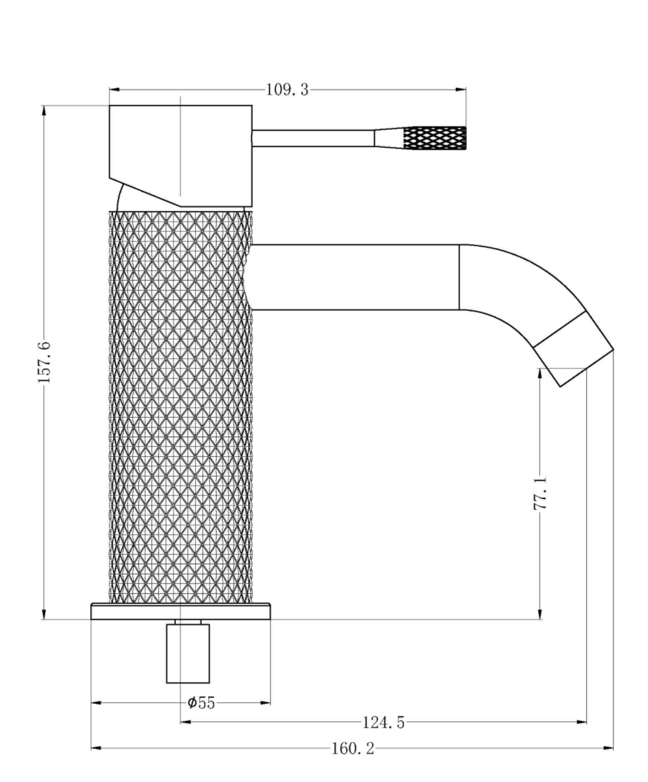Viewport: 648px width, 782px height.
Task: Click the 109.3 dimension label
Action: [287, 90]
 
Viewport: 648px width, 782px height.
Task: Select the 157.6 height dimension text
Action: [44, 362]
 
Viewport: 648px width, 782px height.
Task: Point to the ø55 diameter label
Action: [202, 703]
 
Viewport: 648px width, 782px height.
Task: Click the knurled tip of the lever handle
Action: [434, 138]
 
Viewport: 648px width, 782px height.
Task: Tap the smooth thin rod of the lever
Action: [313, 138]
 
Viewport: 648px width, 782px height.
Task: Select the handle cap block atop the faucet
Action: [180, 156]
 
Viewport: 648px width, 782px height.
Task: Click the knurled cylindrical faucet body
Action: [180, 408]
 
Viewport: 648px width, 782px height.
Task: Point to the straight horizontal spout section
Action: [354, 277]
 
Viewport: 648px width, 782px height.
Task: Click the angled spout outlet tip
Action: [574, 349]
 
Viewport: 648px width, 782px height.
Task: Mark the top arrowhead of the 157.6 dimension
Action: [44, 111]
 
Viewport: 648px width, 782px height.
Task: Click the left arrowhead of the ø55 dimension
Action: [97, 703]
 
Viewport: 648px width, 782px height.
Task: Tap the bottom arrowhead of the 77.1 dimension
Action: [540, 614]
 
